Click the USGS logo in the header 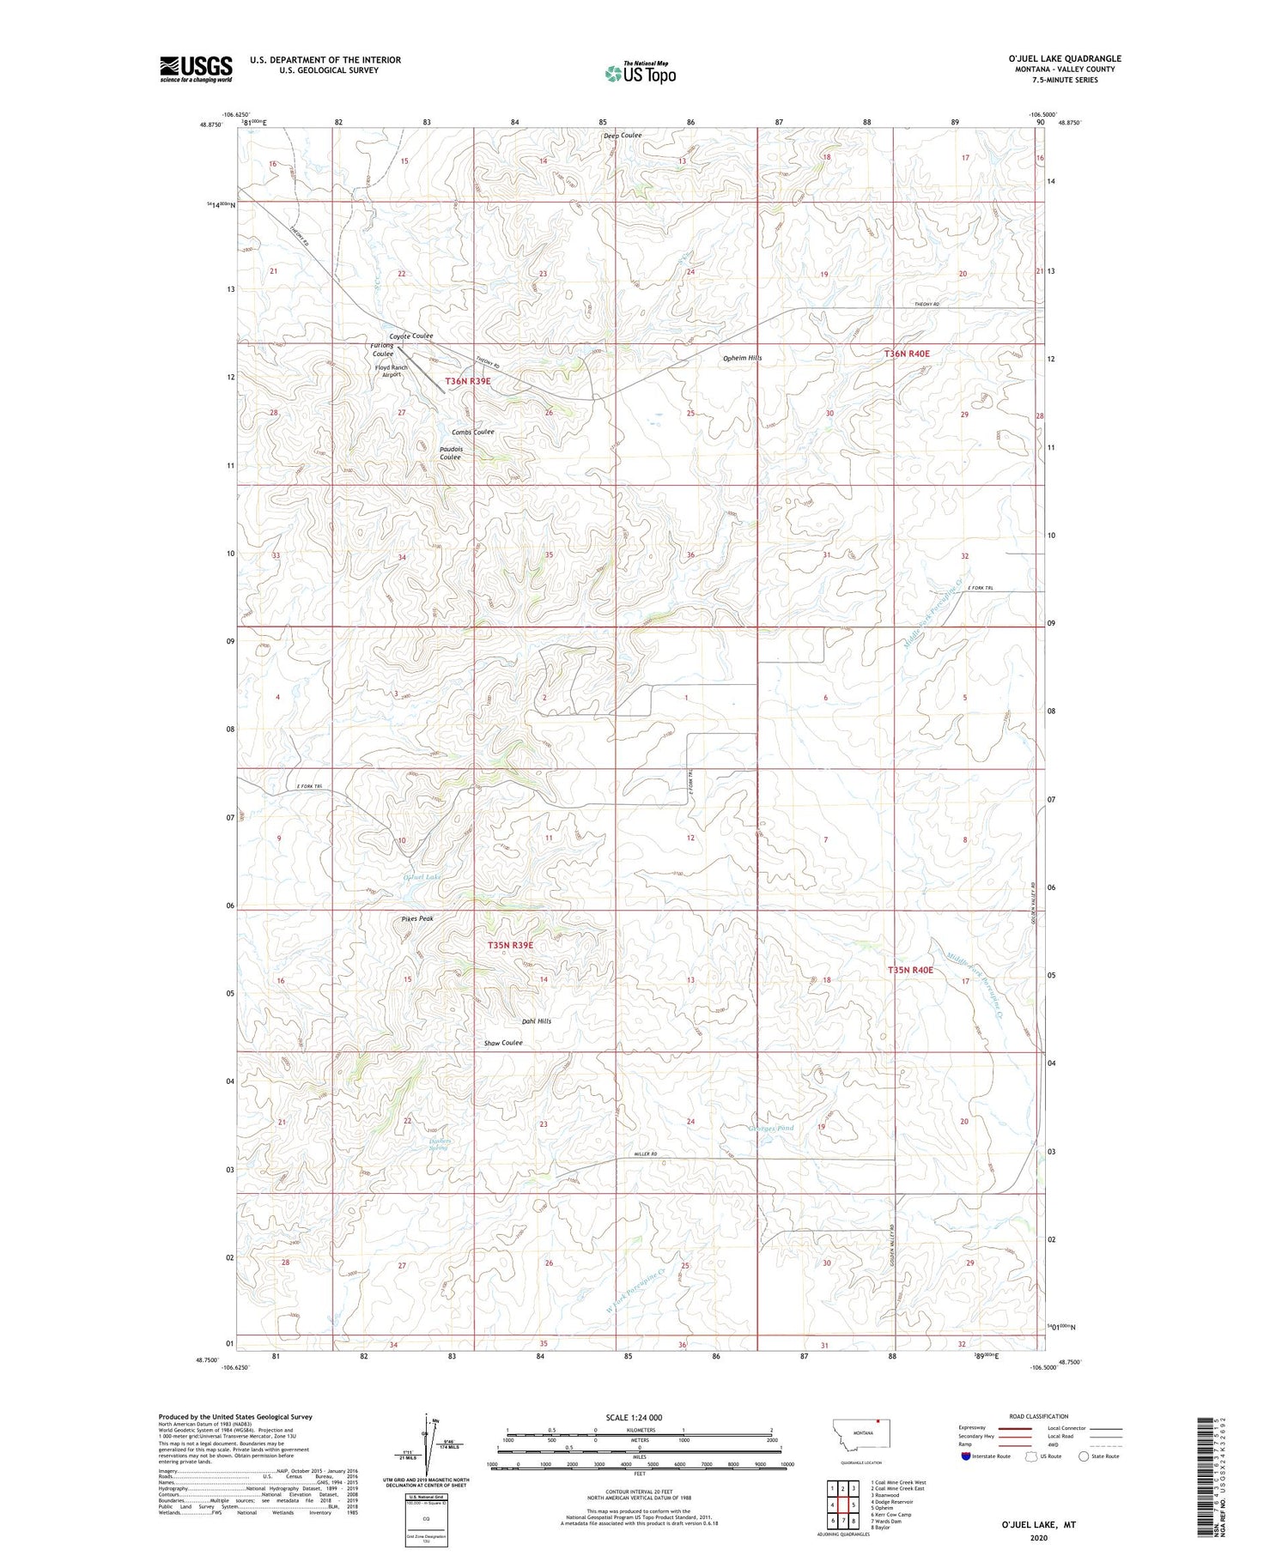[196, 69]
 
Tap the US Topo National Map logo [641, 73]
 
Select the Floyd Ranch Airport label [391, 371]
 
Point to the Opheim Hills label [742, 358]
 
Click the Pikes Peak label [417, 918]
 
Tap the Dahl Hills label [537, 1021]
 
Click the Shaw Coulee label [503, 1043]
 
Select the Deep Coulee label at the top [622, 136]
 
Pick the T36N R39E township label [468, 381]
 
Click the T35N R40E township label [909, 970]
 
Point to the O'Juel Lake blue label [422, 877]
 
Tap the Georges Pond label [771, 1129]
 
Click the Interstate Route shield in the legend [966, 1456]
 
